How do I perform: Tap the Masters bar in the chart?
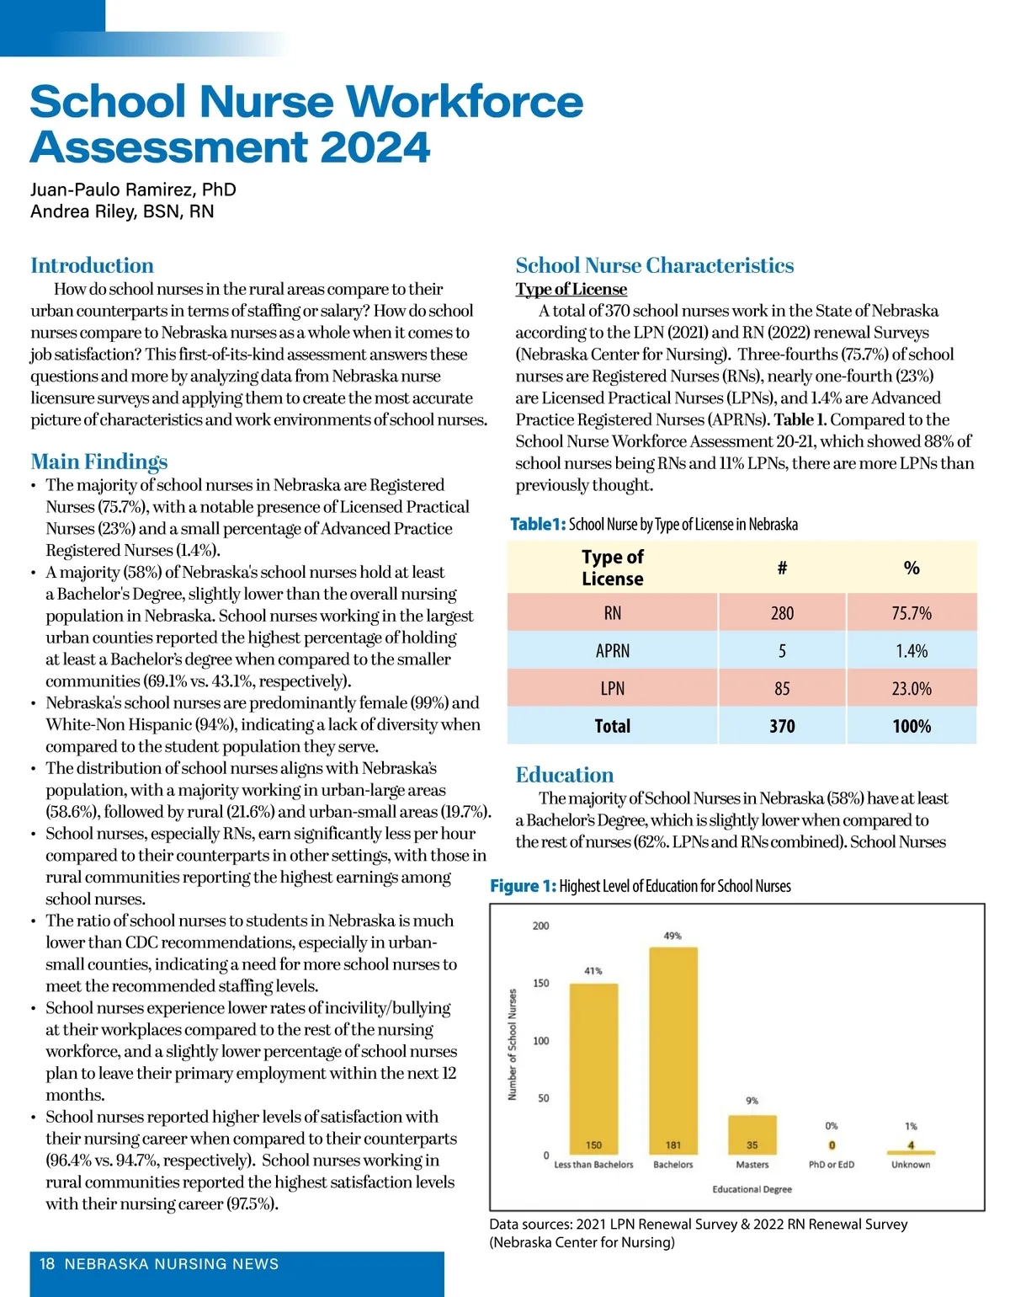pyautogui.click(x=752, y=1134)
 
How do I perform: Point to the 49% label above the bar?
pyautogui.click(x=672, y=936)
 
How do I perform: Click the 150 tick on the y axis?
pyautogui.click(x=540, y=983)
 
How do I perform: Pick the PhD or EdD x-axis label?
pyautogui.click(x=831, y=1165)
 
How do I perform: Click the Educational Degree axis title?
pyautogui.click(x=752, y=1189)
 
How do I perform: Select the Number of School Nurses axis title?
pyautogui.click(x=512, y=1044)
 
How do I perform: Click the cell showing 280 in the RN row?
pyautogui.click(x=782, y=613)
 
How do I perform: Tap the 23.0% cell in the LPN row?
pyautogui.click(x=912, y=689)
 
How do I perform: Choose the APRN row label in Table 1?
pyautogui.click(x=613, y=651)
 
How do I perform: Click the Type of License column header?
pyautogui.click(x=613, y=568)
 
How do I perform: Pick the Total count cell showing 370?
pyautogui.click(x=782, y=726)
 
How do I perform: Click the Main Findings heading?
pyautogui.click(x=99, y=462)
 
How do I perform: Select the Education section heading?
pyautogui.click(x=565, y=775)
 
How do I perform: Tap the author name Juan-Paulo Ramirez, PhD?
pyautogui.click(x=133, y=189)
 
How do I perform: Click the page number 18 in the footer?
pyautogui.click(x=47, y=1263)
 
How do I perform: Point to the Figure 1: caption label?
pyautogui.click(x=523, y=886)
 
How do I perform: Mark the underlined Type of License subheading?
pyautogui.click(x=571, y=289)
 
